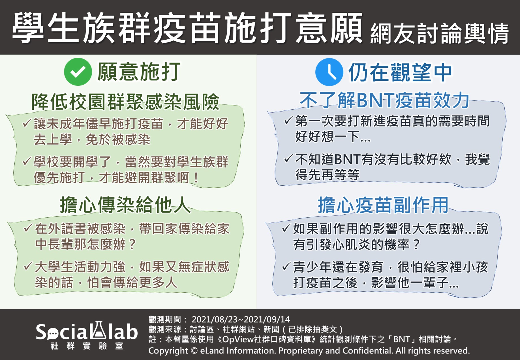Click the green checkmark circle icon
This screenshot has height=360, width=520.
(x=78, y=72)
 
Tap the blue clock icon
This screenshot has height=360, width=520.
(x=329, y=72)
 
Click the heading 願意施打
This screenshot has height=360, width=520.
(x=139, y=72)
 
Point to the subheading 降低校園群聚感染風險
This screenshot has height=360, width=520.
(x=125, y=102)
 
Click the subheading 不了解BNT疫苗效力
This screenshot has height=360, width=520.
(x=385, y=100)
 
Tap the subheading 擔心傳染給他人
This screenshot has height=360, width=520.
(x=125, y=205)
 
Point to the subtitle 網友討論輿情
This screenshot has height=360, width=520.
(x=440, y=34)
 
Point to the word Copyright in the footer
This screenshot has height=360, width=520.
(x=168, y=351)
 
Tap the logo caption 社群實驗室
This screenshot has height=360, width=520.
(x=87, y=346)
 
